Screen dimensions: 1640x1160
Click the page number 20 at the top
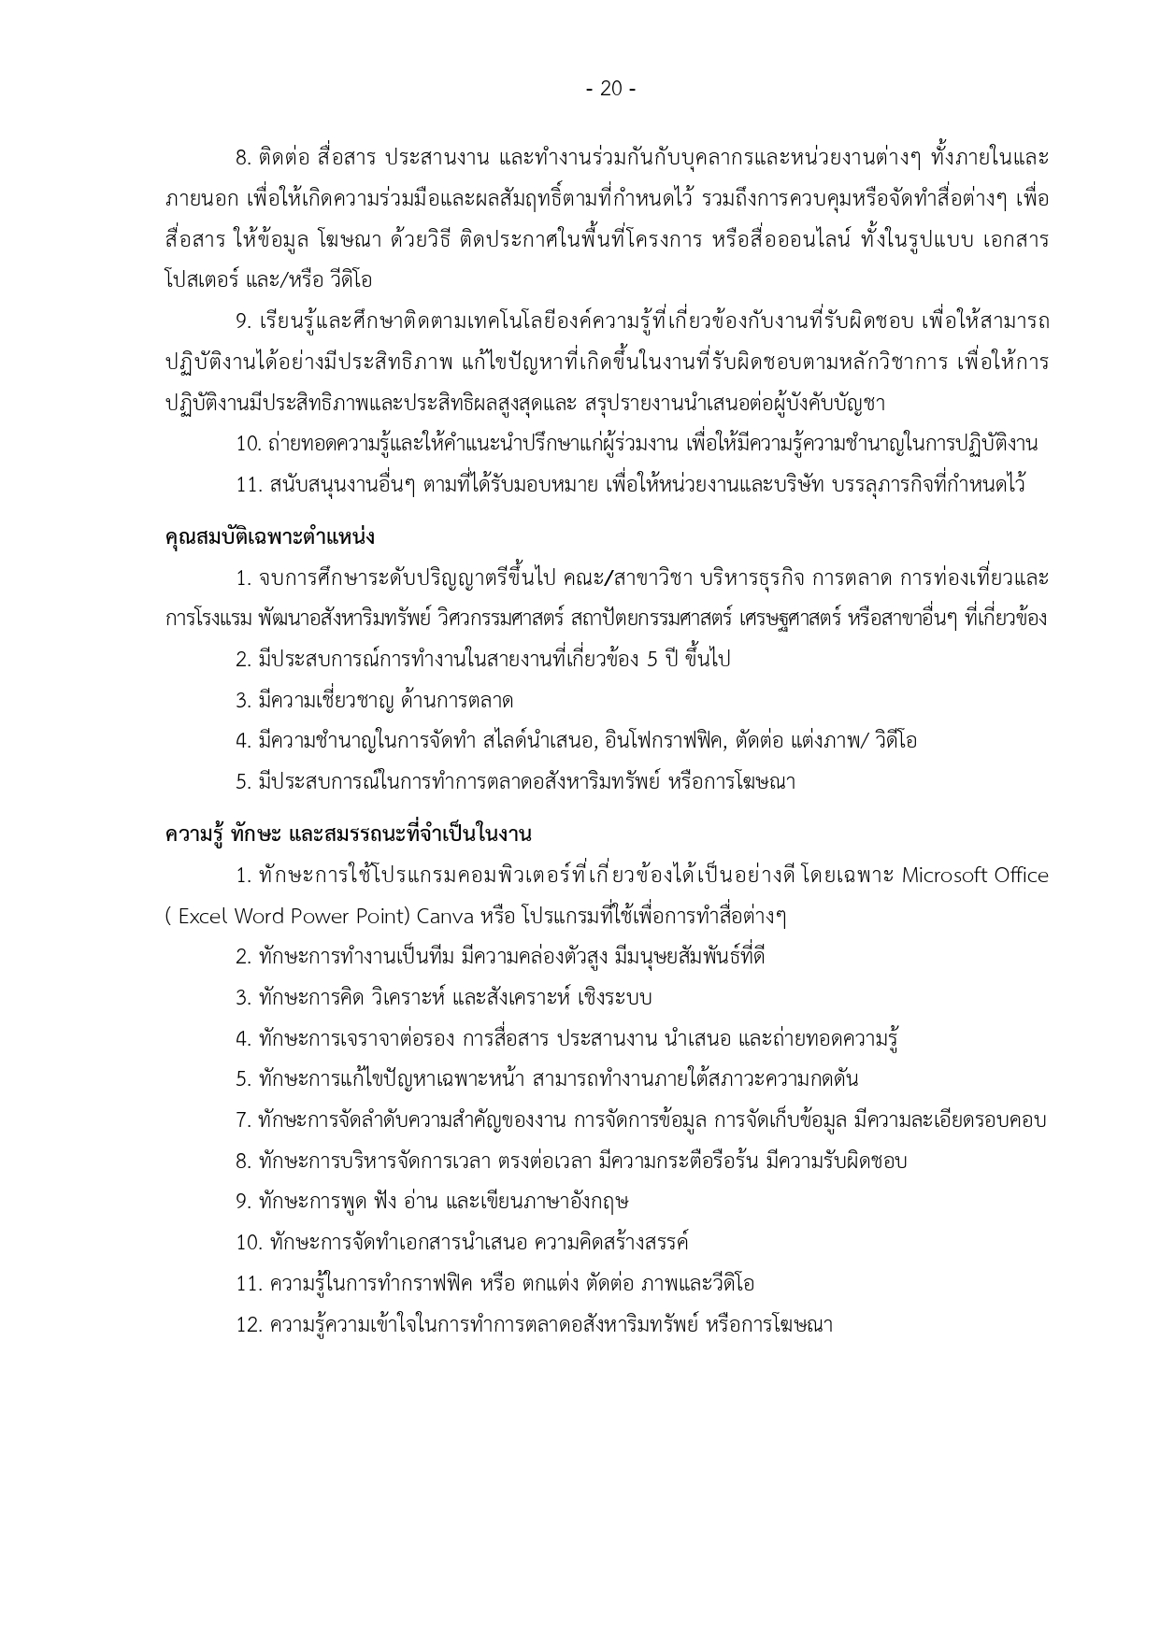(610, 89)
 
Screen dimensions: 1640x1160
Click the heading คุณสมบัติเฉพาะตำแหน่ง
(269, 537)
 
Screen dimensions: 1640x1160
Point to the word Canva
(447, 916)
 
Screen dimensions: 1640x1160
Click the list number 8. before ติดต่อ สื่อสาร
(244, 158)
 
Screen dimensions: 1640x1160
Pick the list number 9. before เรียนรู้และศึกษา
(244, 322)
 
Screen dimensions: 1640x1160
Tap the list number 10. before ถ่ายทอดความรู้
(249, 444)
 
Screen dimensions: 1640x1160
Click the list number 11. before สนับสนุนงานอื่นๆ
(249, 485)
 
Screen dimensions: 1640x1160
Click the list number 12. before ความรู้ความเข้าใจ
(250, 1325)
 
